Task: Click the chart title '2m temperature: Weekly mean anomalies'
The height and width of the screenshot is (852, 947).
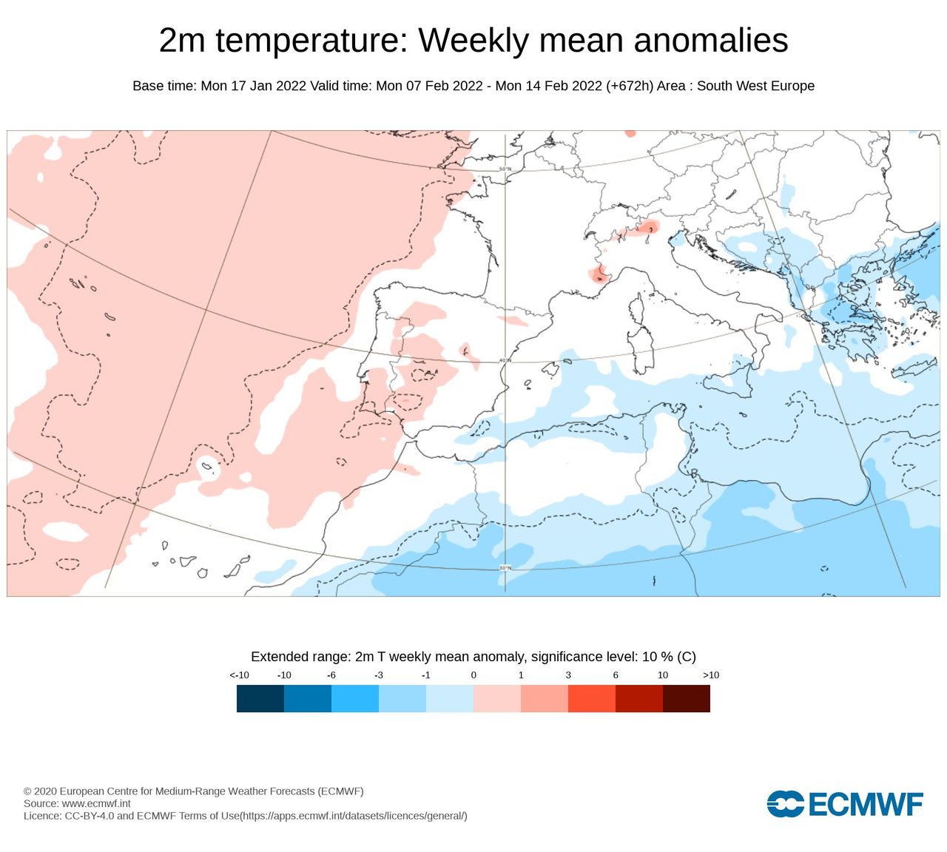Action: tap(473, 40)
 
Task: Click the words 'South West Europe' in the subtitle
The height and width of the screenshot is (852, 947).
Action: tap(755, 86)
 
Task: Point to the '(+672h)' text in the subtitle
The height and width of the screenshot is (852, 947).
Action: tap(630, 86)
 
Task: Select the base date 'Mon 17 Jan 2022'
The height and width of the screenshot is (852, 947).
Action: tap(254, 86)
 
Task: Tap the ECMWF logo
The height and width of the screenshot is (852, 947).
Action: tap(845, 804)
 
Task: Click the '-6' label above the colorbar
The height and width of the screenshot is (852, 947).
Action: tap(331, 675)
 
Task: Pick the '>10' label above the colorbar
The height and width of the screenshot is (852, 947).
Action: tap(710, 675)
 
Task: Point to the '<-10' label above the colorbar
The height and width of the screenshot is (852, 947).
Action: tap(239, 675)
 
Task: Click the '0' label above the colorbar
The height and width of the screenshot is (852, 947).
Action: tap(473, 675)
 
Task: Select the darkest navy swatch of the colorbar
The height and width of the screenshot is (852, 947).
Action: tap(260, 698)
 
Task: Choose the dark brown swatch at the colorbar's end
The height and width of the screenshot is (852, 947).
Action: tap(687, 698)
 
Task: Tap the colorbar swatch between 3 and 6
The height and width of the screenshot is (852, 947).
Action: tap(592, 698)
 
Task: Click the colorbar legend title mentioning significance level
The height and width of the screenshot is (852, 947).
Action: tap(473, 657)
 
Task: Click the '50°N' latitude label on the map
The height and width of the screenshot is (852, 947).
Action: tap(505, 169)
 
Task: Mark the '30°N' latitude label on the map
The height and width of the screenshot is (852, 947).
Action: tap(505, 568)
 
